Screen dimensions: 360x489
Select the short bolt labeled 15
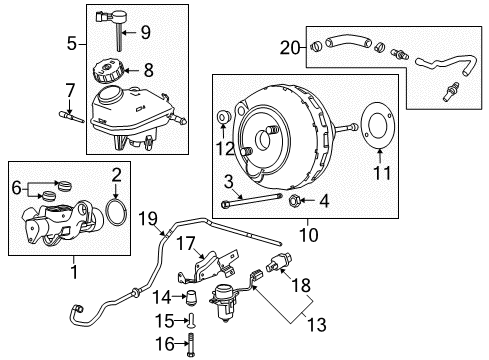pos(191,321)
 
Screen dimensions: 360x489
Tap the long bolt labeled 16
pos(191,345)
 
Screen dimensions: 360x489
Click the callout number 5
pos(71,44)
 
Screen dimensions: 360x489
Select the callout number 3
pos(228,180)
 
